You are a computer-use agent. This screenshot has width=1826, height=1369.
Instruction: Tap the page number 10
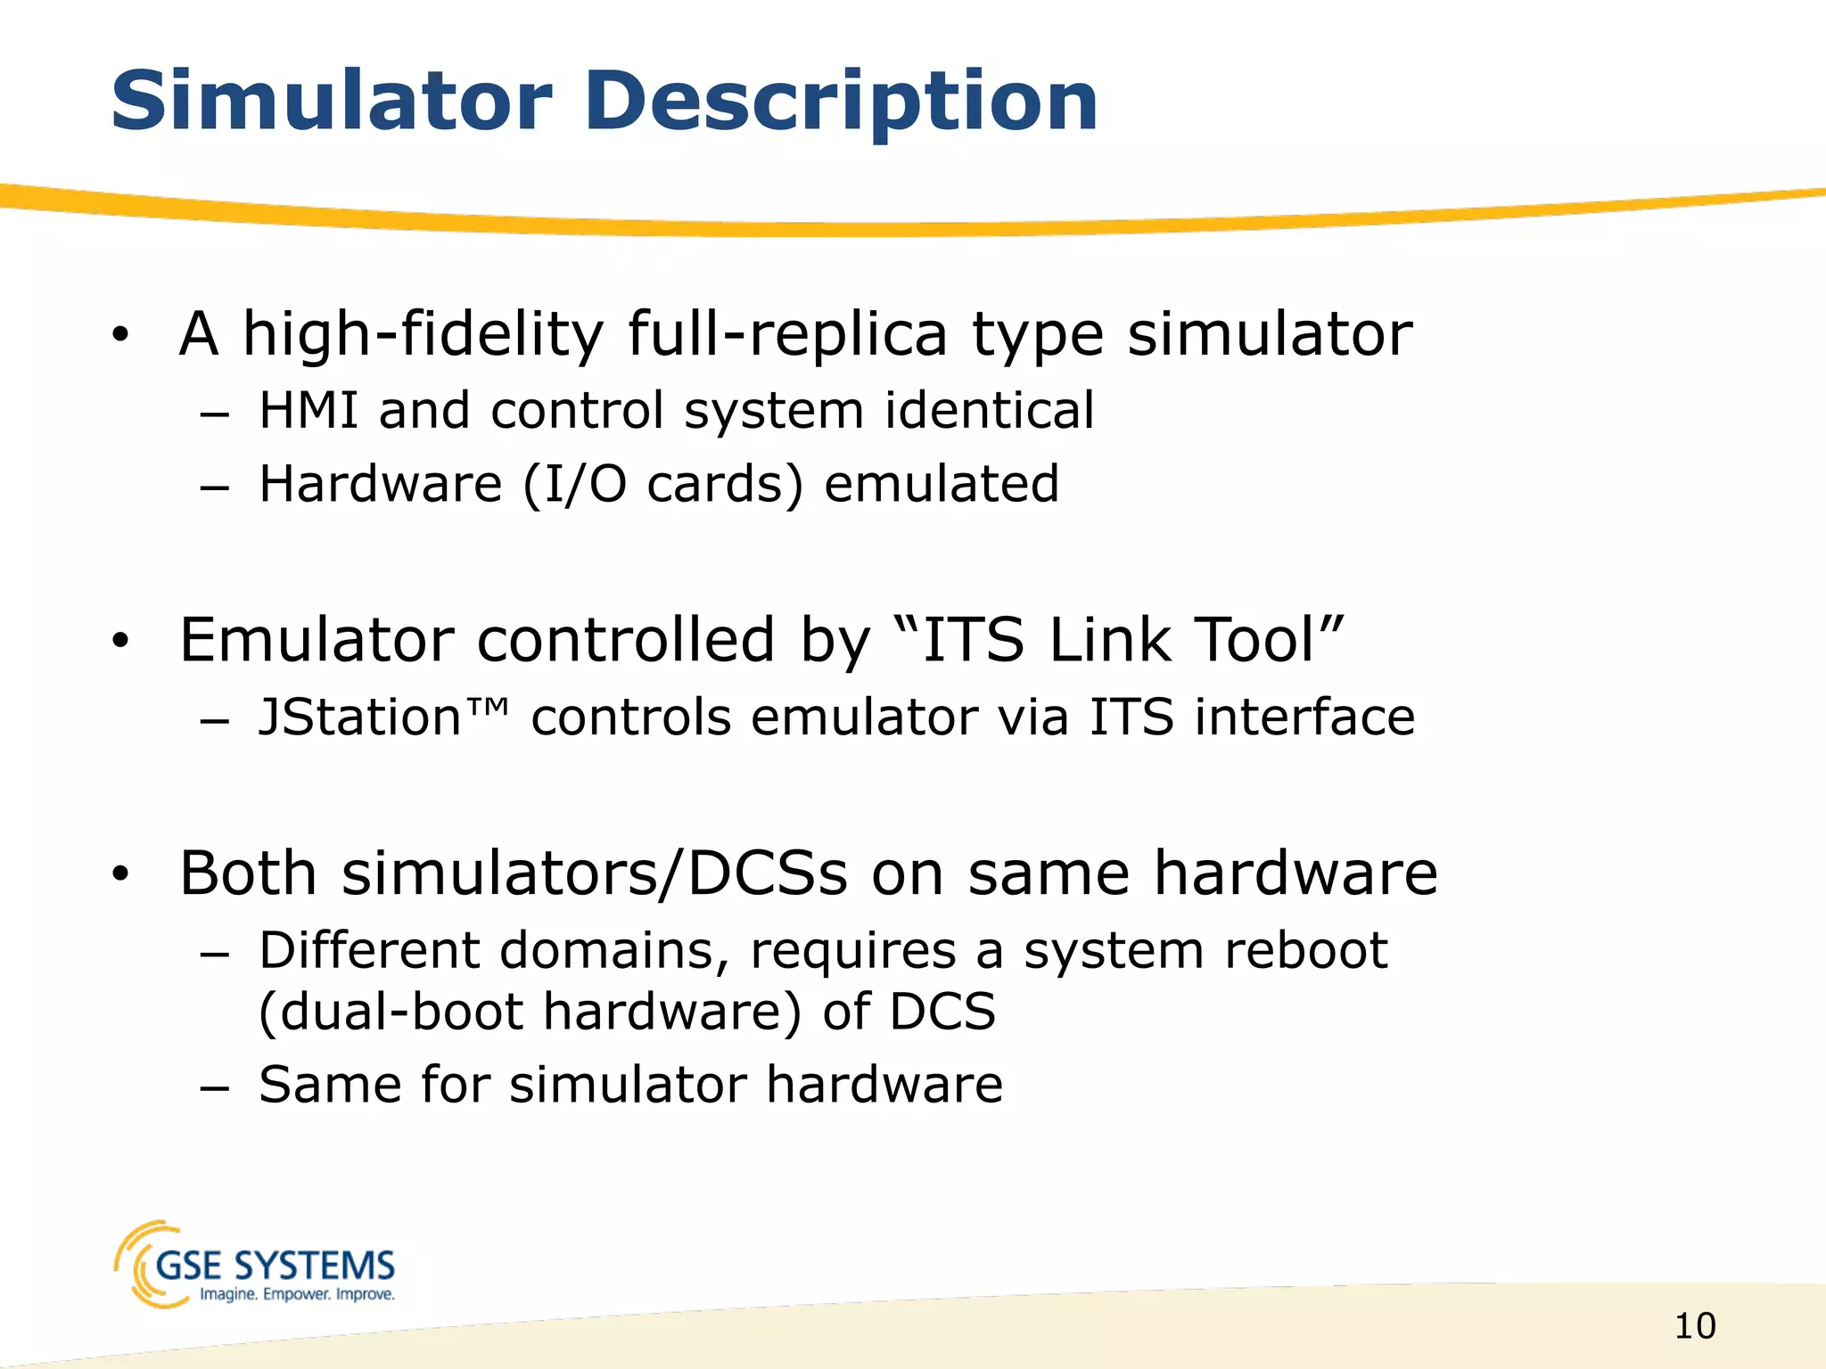click(1695, 1326)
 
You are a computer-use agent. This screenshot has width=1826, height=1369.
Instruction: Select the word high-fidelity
click(423, 335)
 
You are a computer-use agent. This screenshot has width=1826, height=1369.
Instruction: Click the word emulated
click(942, 485)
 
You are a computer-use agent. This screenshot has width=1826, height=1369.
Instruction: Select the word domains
click(619, 951)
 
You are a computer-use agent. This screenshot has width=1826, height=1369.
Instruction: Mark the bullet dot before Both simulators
click(121, 874)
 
